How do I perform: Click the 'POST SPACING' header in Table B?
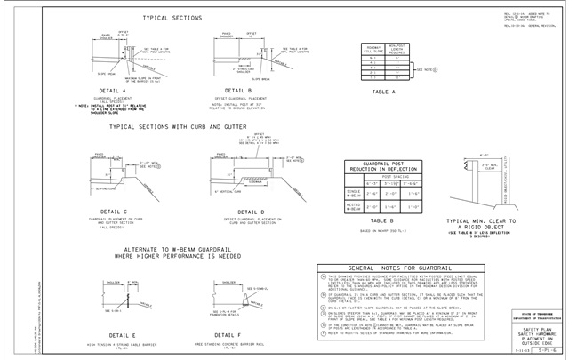click(394, 177)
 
